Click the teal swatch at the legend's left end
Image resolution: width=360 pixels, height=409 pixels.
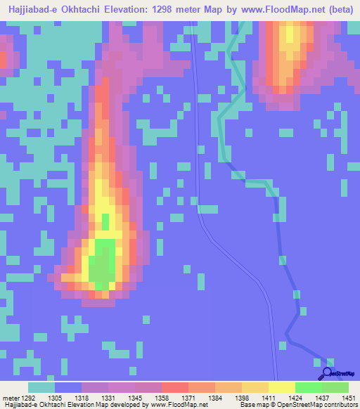click(41, 388)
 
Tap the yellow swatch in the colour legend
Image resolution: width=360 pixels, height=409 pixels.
click(281, 388)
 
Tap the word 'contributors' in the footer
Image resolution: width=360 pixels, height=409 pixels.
click(340, 404)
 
